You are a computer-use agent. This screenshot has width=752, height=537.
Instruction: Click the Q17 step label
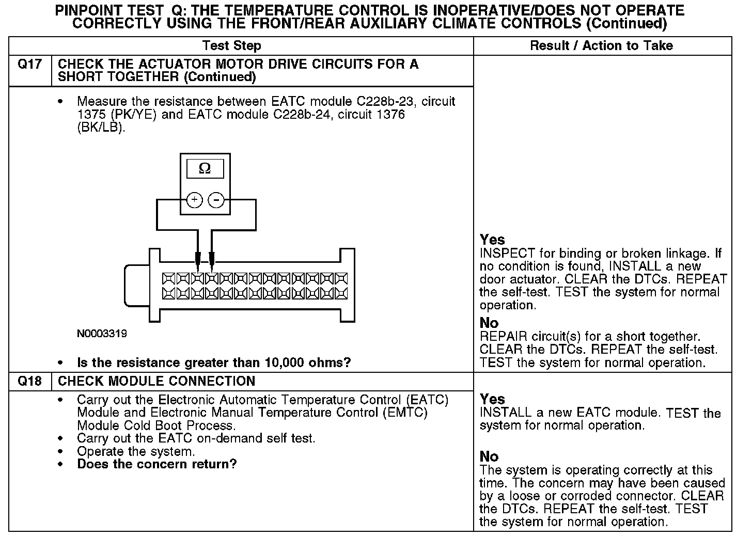pos(30,65)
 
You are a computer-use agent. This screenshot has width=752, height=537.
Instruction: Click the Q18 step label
pos(30,382)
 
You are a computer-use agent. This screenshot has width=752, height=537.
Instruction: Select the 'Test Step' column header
pos(231,46)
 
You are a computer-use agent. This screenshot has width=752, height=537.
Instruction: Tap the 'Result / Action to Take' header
pos(601,46)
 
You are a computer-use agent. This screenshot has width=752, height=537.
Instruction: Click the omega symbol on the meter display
pos(205,169)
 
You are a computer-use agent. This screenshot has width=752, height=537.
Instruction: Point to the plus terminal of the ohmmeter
pos(194,200)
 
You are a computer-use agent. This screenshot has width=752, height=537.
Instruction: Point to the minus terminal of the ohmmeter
pos(216,200)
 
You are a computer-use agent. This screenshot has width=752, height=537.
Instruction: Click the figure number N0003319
pos(102,334)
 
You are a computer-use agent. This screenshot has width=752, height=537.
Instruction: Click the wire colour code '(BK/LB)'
pos(101,128)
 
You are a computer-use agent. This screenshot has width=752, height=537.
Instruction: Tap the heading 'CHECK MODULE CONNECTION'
pos(156,382)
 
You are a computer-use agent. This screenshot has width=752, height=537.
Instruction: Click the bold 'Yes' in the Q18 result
pos(492,399)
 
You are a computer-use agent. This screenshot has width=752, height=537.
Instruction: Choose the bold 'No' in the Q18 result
pos(489,456)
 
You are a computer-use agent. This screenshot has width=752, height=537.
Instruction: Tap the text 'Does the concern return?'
pos(156,464)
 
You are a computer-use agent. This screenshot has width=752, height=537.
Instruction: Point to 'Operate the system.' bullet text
pos(136,451)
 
